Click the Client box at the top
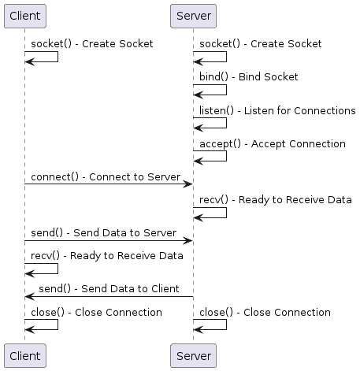point(24,15)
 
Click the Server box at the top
point(193,15)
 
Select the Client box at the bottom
point(24,356)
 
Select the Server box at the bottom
point(193,356)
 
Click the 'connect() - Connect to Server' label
point(106,177)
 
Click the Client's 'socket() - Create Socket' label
point(92,44)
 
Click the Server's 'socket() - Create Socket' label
point(261,44)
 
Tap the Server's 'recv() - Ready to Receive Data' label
point(275,200)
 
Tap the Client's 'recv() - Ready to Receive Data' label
point(107,256)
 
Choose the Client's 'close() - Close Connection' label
point(97,313)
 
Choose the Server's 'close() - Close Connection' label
point(265,313)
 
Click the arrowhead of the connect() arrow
point(189,184)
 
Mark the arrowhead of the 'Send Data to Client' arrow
point(29,296)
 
